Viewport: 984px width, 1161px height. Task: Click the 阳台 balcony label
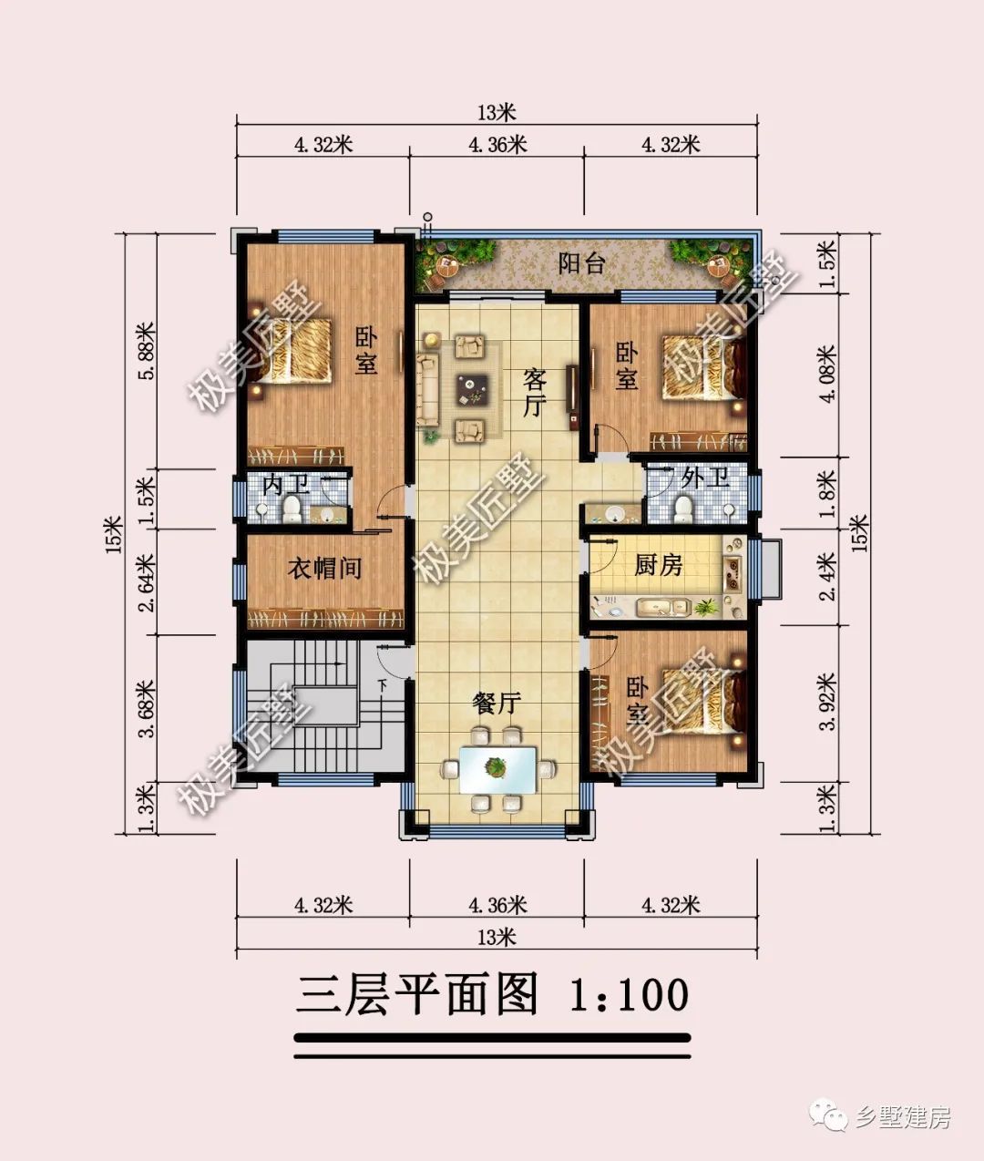pos(582,264)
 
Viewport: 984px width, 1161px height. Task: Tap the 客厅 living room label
pos(534,392)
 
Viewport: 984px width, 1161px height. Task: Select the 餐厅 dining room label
pos(497,703)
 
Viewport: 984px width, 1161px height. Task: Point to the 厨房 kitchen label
pos(658,565)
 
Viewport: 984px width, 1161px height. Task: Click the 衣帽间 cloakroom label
pos(324,569)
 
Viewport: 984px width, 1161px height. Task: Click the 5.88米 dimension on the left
pos(144,351)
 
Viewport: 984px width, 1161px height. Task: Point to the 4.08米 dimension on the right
pos(826,375)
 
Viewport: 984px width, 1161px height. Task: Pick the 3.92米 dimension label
pos(826,702)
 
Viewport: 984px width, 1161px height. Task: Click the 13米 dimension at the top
pos(497,113)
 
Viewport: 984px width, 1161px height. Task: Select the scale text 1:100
pos(628,994)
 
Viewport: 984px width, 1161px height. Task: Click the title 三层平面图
pos(417,994)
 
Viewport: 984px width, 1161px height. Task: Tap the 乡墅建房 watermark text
pos(903,1117)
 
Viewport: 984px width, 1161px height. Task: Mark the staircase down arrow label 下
pos(384,684)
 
